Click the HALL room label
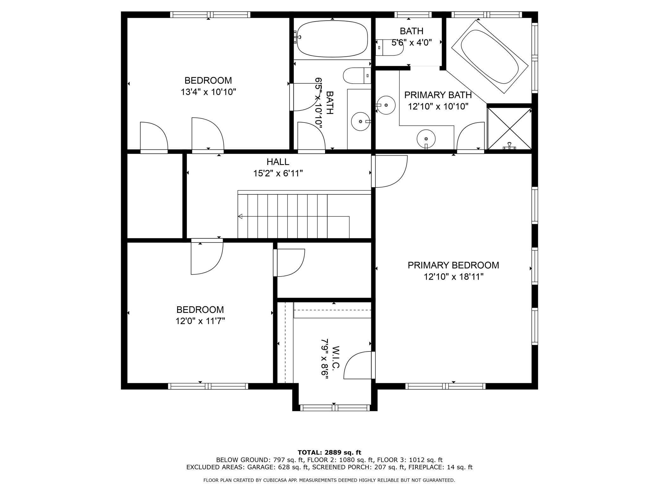point(278,162)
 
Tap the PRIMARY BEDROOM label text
point(453,265)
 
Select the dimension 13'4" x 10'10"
point(208,92)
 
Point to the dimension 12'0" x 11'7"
point(200,321)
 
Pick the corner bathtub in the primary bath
point(489,57)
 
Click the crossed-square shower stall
point(509,129)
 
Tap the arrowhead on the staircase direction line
point(240,217)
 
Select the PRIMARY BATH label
point(438,95)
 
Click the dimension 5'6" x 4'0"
point(412,42)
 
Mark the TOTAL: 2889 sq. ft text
point(329,453)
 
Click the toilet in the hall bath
point(357,75)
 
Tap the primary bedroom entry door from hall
point(390,171)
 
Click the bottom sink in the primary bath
point(426,139)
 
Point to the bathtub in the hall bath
point(332,39)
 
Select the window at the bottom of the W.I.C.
point(335,408)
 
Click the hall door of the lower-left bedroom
point(207,256)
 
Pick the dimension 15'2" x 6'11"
point(278,174)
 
